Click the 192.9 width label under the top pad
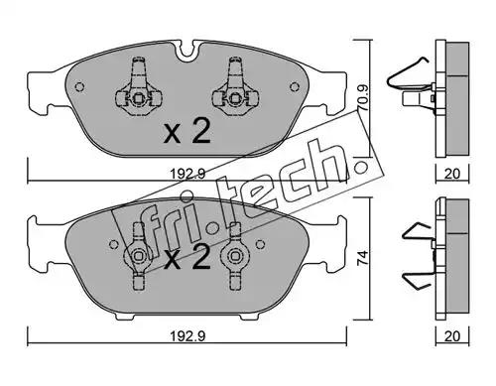[187, 173]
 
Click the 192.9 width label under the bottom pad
[187, 336]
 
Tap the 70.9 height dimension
[363, 97]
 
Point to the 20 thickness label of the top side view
[452, 174]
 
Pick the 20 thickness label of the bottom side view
[452, 336]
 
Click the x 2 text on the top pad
[187, 132]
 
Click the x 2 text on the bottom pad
[187, 258]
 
